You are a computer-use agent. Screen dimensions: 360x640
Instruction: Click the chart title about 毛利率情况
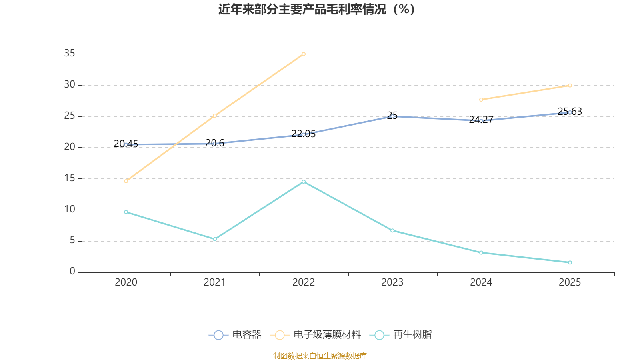317,9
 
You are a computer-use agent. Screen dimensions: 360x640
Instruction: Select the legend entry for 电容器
235,335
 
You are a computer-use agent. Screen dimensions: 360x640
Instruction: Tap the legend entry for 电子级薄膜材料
316,335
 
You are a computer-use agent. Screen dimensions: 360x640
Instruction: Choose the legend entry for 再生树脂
403,335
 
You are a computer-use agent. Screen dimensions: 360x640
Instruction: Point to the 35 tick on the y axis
70,53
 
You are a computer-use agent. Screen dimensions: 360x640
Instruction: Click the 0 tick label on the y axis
72,272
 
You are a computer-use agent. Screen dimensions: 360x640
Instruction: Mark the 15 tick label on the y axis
70,178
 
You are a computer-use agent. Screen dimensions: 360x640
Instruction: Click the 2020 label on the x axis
126,282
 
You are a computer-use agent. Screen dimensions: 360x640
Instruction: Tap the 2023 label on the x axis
392,282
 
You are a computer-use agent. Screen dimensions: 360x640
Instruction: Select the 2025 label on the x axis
570,282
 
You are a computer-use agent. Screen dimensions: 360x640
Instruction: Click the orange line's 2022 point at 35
304,54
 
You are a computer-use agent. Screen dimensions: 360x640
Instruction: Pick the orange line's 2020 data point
126,181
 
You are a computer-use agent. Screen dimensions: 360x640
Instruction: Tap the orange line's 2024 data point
481,100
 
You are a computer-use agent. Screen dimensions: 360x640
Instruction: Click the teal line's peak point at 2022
304,182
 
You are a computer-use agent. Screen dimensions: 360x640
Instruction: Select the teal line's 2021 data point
215,239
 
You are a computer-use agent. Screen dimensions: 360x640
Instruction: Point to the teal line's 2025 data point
570,262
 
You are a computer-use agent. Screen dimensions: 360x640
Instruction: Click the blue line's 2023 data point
392,116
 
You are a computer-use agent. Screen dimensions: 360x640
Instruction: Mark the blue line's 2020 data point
126,144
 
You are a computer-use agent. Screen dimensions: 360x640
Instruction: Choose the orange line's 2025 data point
570,85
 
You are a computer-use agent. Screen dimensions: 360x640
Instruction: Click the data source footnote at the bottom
320,356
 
